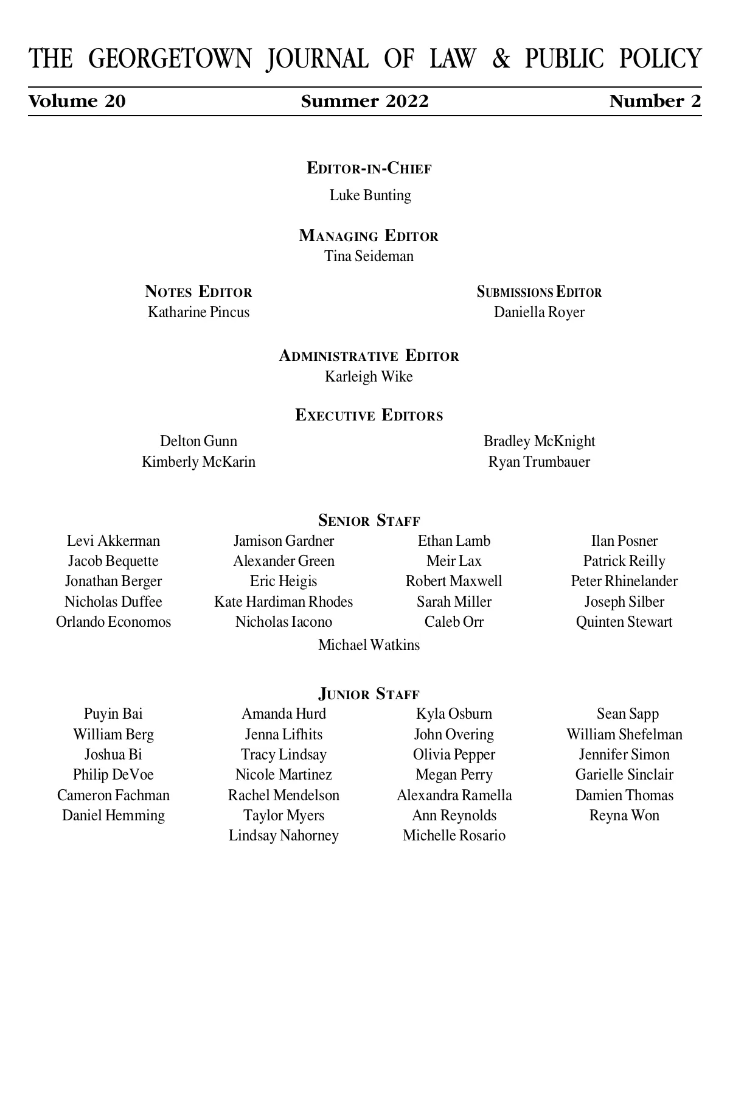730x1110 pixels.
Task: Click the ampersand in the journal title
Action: coord(501,60)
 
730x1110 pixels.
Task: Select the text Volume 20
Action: coord(77,101)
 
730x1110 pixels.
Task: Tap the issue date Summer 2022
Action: coord(364,101)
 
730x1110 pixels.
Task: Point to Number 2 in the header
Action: coord(655,101)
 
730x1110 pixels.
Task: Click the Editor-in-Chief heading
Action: coord(369,169)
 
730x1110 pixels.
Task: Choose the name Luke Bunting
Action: coord(370,195)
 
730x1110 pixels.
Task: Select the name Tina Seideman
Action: coord(369,256)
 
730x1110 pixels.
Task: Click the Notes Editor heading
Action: coord(198,292)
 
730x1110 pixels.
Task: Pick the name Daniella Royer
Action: coord(539,312)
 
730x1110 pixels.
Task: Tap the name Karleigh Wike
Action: coord(369,377)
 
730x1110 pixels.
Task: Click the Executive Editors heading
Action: coord(369,416)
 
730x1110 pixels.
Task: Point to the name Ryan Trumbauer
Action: coord(539,462)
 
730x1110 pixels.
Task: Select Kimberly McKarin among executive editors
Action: coord(198,462)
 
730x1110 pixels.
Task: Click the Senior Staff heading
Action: coord(369,521)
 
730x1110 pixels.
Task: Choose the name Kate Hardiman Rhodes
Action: coord(283,602)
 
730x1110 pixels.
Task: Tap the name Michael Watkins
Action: coord(369,644)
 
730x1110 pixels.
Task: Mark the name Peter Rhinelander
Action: coord(624,581)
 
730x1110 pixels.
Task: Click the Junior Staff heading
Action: coord(369,694)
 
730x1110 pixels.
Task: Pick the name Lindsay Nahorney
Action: coord(283,836)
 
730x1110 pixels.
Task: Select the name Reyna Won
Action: coord(624,815)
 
